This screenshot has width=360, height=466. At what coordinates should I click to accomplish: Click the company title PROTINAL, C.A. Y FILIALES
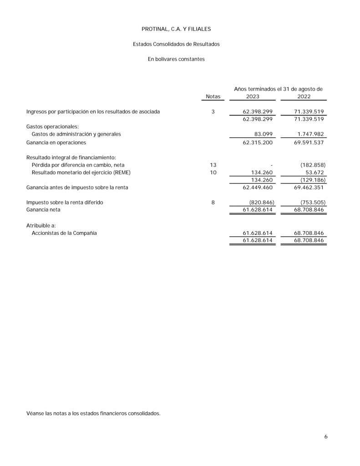(176, 29)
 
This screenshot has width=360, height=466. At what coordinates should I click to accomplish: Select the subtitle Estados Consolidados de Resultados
(176, 44)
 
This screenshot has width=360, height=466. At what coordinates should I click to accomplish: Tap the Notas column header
(213, 96)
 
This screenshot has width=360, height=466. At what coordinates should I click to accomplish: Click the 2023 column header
(253, 96)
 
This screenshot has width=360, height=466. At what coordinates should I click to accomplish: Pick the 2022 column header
(304, 96)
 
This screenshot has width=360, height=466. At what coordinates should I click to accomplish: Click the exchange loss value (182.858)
(313, 165)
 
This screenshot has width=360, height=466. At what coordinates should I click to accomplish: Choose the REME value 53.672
(314, 172)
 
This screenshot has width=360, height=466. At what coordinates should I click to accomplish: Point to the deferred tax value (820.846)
(261, 202)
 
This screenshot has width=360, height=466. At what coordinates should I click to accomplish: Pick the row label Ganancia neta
(43, 210)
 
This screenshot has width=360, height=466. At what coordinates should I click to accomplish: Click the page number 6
(326, 437)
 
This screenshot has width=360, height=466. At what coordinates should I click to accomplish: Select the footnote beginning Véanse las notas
(93, 414)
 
